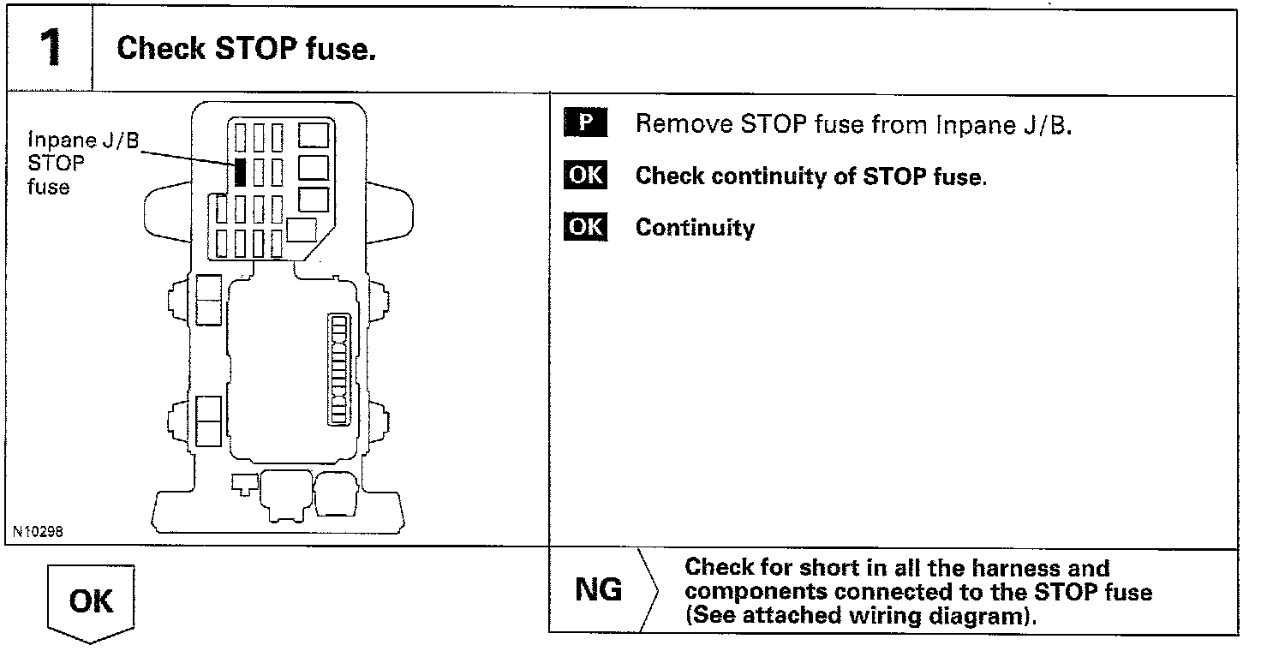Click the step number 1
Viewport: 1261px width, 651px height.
50,48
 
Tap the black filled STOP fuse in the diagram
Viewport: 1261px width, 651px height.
241,172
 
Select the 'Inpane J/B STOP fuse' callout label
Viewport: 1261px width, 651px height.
82,163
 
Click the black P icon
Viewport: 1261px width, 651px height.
585,122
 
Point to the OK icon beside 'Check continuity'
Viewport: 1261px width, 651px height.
585,176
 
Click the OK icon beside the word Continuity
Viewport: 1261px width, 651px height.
585,227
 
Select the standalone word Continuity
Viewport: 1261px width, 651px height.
695,228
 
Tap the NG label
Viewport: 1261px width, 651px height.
598,590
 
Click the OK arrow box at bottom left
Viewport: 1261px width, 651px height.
91,601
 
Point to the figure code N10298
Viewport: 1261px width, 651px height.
38,532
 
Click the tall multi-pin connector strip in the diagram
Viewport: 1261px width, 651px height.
340,368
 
